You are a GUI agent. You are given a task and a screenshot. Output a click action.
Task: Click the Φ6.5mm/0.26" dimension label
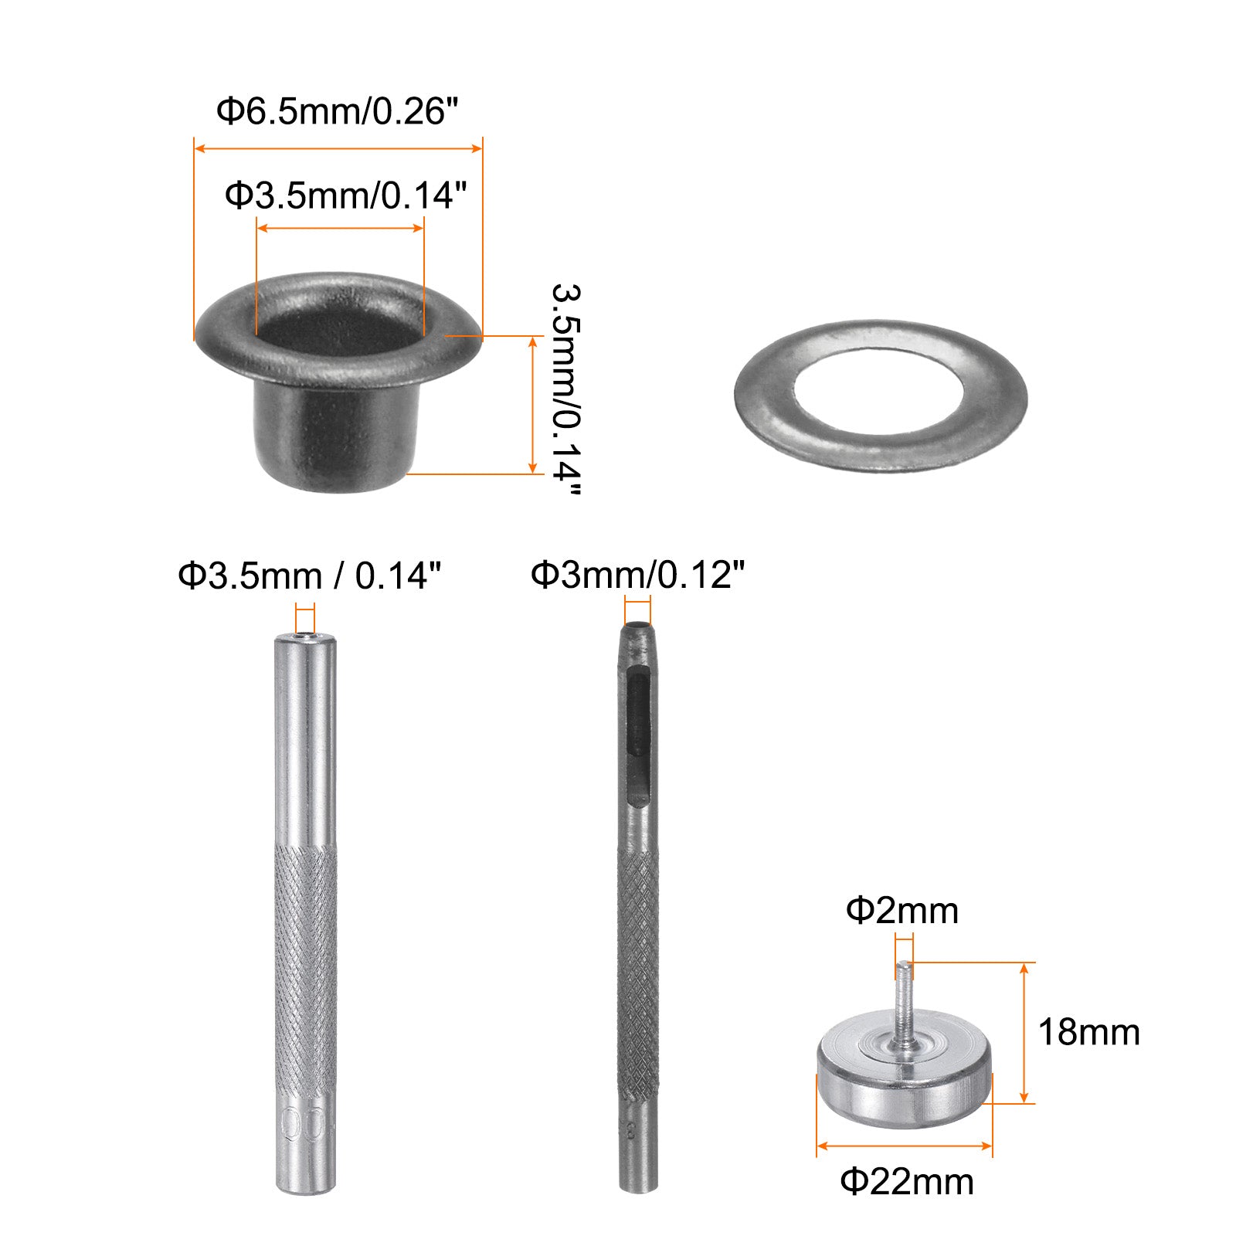[x=337, y=111]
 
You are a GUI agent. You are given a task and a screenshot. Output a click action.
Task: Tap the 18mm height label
[x=1088, y=1032]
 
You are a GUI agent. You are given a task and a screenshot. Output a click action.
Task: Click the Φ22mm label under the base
[x=907, y=1182]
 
